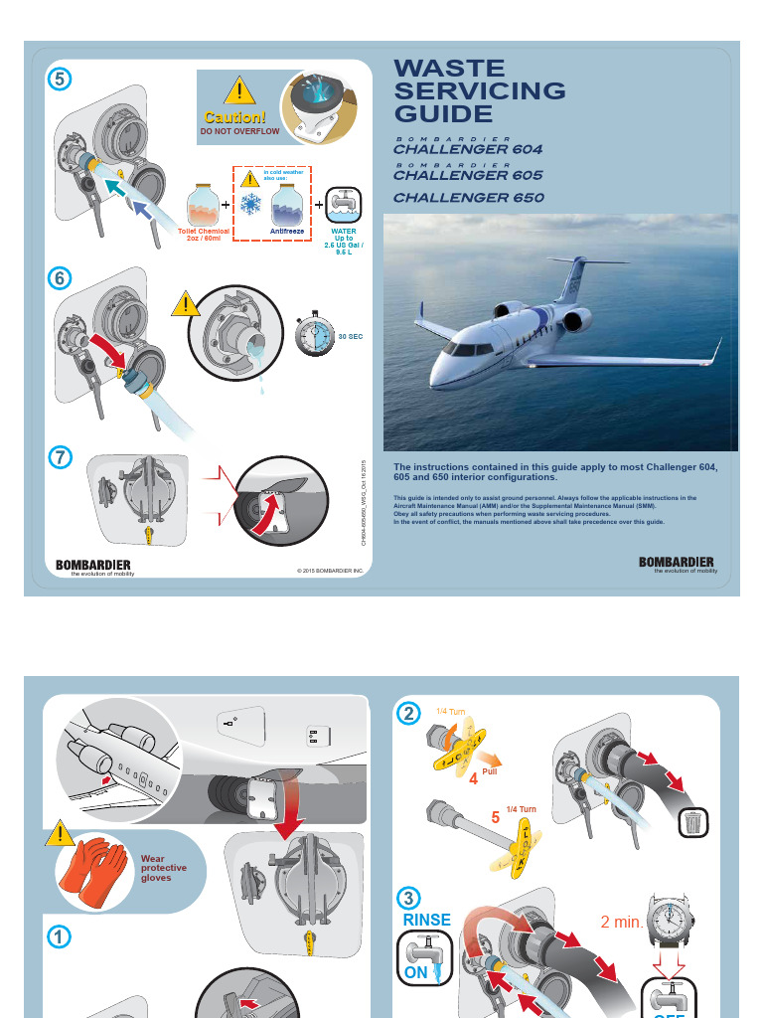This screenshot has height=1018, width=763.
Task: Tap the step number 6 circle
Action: tap(60, 279)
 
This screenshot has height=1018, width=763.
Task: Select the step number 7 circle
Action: tap(60, 457)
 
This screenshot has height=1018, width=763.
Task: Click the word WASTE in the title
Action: tap(450, 69)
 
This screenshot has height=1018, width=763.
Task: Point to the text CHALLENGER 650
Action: tap(468, 197)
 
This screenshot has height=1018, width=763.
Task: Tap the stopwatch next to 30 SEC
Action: tap(315, 334)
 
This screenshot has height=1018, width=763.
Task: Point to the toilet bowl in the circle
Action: tap(321, 107)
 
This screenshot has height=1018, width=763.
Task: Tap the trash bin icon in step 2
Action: tap(692, 822)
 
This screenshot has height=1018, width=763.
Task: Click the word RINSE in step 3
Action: tap(426, 920)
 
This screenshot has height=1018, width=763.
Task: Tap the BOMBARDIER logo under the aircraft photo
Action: tap(676, 562)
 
